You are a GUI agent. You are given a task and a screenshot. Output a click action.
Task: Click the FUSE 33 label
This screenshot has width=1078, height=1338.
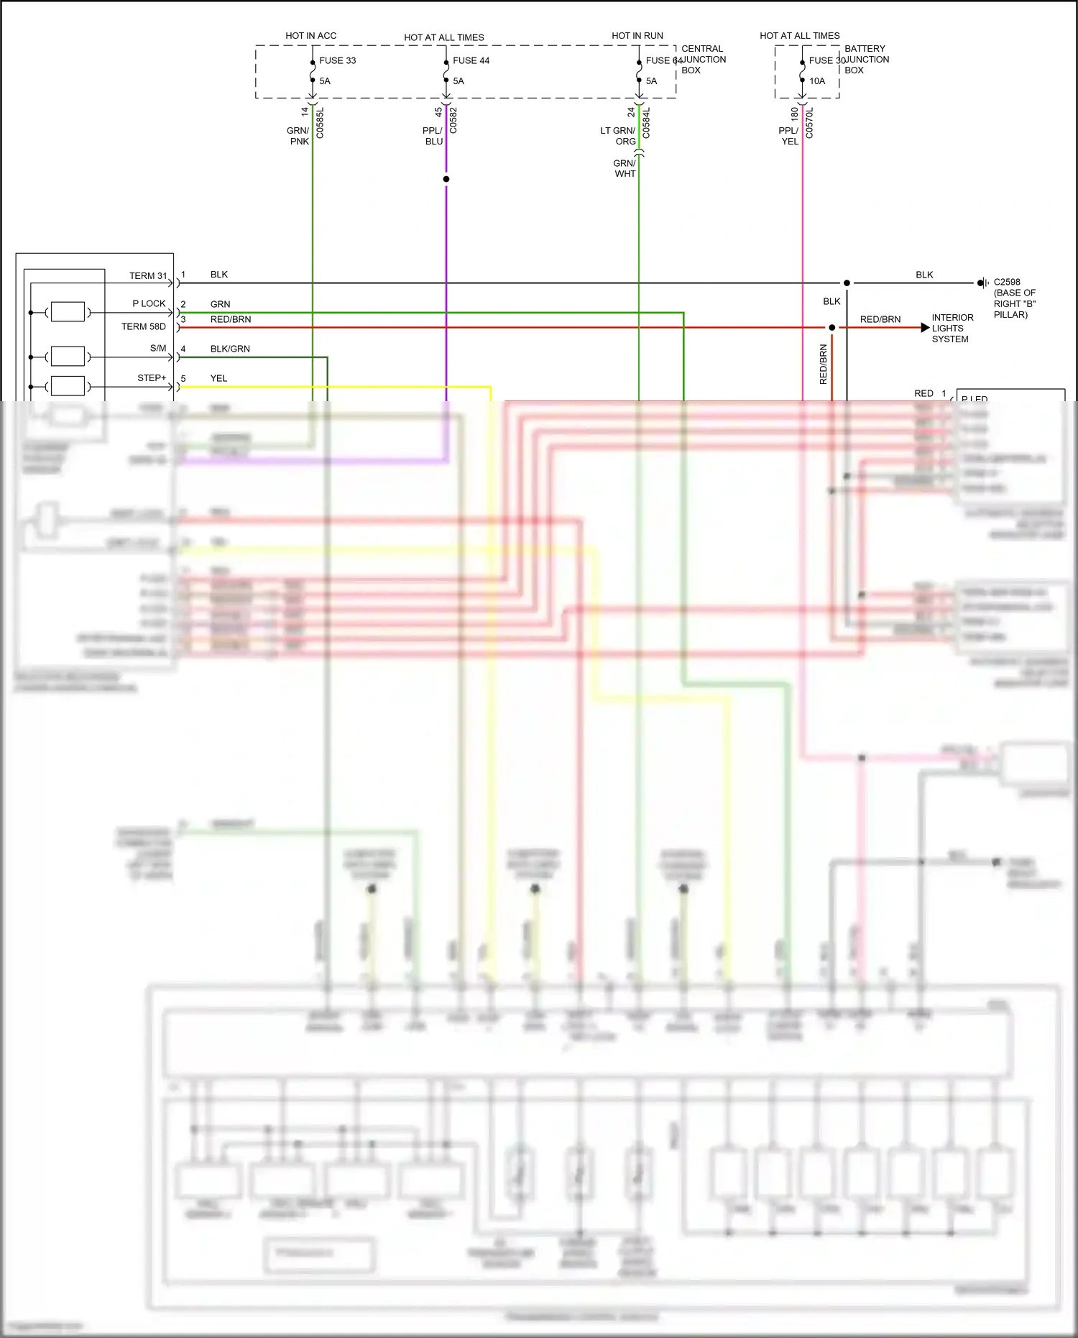point(337,60)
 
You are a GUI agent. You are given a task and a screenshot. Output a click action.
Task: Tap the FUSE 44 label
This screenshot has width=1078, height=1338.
point(471,60)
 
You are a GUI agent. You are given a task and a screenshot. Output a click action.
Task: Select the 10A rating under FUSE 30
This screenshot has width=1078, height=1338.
point(817,81)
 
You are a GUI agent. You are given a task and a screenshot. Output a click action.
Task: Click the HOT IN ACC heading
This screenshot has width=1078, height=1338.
point(310,35)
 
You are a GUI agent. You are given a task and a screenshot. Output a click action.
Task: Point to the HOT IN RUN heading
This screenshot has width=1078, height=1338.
point(637,35)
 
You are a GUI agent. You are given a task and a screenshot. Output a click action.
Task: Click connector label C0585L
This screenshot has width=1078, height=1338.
point(321,123)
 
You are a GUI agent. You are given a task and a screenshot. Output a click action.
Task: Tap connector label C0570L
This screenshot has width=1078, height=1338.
point(810,123)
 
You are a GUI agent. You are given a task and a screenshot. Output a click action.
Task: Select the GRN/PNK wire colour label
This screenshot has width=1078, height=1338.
point(298,136)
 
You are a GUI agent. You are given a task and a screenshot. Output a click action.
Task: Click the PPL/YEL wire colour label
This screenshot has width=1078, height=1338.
point(789,136)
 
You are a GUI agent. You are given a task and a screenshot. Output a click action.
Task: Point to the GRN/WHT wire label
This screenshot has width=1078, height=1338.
point(625,168)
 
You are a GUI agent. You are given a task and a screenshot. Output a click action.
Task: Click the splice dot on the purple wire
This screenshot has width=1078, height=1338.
point(446,179)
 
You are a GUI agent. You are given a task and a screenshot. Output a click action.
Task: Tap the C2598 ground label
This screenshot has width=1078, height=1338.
point(1006,282)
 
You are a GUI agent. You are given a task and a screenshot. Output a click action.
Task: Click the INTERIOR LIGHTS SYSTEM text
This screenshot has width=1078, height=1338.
point(952,328)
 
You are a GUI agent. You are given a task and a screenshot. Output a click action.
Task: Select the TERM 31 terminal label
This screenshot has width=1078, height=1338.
point(148,275)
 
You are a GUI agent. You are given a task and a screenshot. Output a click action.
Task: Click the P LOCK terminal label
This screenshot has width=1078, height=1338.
point(149,303)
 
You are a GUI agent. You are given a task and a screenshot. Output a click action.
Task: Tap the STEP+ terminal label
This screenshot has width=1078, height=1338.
point(152,377)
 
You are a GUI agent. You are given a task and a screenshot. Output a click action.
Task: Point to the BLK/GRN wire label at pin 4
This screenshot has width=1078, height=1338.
point(230,349)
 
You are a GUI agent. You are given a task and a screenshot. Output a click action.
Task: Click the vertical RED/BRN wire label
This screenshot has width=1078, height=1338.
point(824,364)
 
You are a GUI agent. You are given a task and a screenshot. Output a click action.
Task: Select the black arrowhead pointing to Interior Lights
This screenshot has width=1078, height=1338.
point(925,328)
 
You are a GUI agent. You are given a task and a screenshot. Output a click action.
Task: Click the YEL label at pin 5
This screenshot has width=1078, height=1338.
point(218,378)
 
